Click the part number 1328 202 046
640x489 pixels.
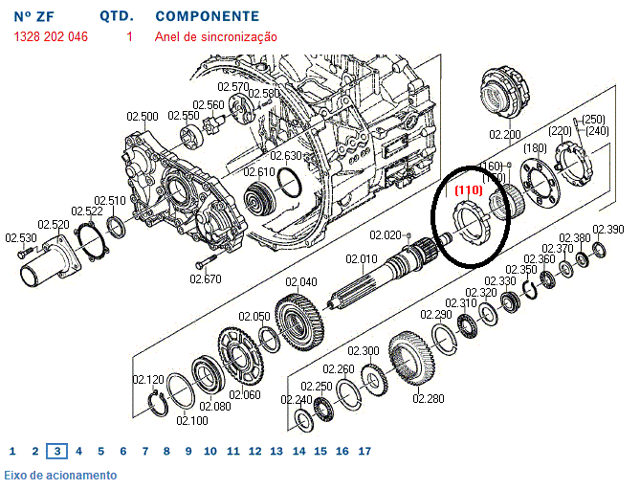coord(51,36)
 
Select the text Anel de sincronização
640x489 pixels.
coord(216,36)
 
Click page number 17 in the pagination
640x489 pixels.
coord(364,451)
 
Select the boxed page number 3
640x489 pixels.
coord(57,451)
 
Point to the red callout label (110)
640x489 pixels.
coord(468,190)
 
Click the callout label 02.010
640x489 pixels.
coord(363,259)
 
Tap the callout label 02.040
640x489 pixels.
coord(301,282)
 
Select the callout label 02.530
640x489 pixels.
coord(21,237)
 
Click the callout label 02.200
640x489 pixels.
coord(504,135)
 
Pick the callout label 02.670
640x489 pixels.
coord(205,278)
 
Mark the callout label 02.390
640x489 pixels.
coord(607,230)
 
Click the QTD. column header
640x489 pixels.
coord(116,16)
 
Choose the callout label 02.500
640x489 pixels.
coord(143,117)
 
